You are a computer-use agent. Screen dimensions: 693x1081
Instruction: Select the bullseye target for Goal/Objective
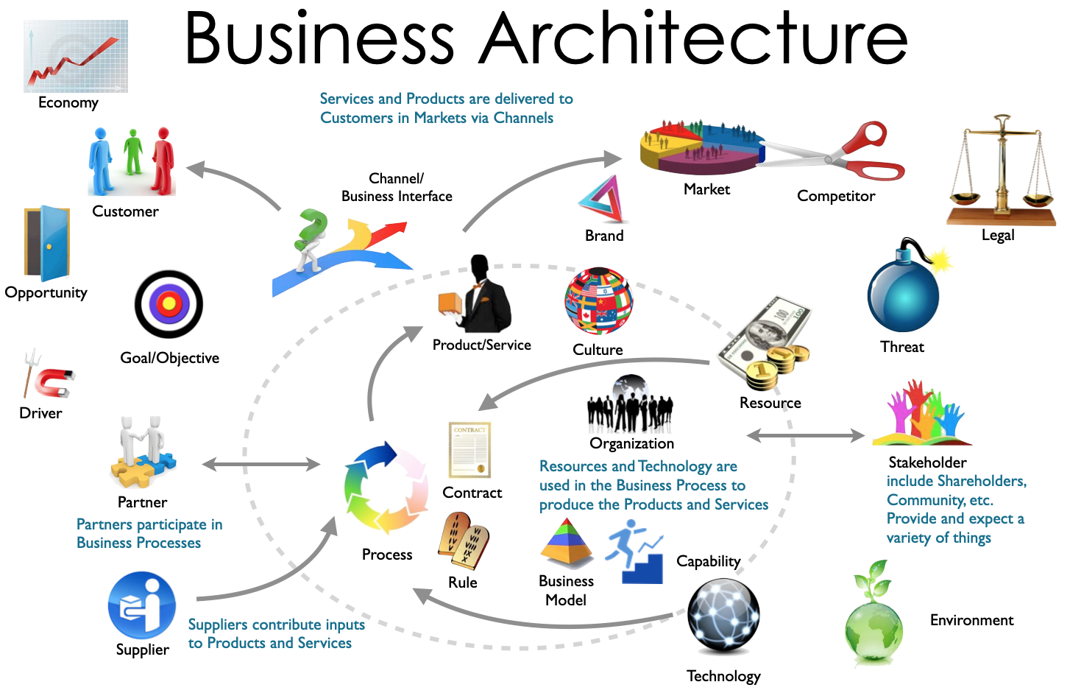(169, 304)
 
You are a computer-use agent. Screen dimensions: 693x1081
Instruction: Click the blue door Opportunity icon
(49, 243)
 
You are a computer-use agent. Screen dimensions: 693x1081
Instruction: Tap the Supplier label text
(143, 650)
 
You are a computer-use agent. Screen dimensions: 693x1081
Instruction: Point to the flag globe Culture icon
(598, 301)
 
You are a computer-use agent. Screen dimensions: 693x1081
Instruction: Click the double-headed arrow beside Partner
(261, 464)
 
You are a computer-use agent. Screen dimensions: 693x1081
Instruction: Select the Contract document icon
(469, 449)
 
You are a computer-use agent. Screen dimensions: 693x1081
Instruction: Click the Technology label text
(723, 676)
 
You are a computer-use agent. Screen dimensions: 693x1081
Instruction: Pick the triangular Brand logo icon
(604, 200)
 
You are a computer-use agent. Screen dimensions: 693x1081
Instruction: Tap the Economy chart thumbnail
(76, 56)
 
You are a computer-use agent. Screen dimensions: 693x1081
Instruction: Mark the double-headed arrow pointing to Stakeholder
(806, 436)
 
